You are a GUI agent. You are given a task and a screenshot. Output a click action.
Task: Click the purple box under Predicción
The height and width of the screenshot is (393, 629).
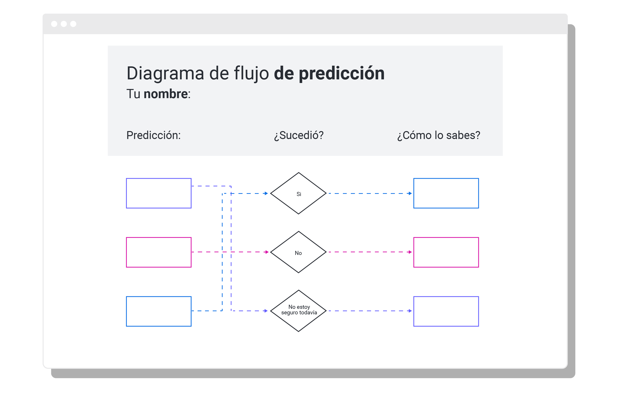pyautogui.click(x=159, y=193)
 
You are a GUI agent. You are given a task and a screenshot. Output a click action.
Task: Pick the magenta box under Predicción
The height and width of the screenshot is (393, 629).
pyautogui.click(x=159, y=252)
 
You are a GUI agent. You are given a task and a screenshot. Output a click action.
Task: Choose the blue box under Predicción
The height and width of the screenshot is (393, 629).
pyautogui.click(x=159, y=311)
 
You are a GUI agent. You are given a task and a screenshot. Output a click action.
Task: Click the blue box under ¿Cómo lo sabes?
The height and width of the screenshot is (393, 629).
pyautogui.click(x=446, y=193)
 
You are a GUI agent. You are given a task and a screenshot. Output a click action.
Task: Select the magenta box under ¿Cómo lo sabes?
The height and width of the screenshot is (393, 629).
pyautogui.click(x=446, y=252)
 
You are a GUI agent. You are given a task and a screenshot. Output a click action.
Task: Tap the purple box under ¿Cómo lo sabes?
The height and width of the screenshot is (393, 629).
pyautogui.click(x=446, y=311)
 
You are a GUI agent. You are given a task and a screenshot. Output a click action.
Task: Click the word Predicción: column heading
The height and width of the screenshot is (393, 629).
pyautogui.click(x=154, y=135)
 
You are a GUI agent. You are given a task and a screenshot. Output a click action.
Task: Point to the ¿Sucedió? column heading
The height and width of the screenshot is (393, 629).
pyautogui.click(x=299, y=135)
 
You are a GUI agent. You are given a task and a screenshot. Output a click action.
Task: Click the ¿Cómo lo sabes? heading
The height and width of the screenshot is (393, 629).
pyautogui.click(x=438, y=135)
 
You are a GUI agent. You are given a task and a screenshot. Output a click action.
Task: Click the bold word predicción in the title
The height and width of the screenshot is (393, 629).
pyautogui.click(x=341, y=74)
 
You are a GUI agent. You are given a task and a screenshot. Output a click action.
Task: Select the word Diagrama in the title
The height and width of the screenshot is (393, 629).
pyautogui.click(x=165, y=74)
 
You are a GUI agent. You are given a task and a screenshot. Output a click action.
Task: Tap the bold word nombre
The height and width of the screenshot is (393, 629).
pyautogui.click(x=166, y=94)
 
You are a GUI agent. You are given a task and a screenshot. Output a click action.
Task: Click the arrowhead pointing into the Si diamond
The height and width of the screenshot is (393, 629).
pyautogui.click(x=266, y=193)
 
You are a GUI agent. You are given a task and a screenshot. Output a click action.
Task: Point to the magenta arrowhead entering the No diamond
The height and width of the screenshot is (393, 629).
pyautogui.click(x=267, y=252)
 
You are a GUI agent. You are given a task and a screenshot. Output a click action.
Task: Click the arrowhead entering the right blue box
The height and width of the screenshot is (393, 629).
pyautogui.click(x=410, y=193)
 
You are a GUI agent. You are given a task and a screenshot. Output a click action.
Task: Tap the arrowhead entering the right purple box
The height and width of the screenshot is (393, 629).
pyautogui.click(x=410, y=311)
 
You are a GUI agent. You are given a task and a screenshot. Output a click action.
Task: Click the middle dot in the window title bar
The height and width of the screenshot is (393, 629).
pyautogui.click(x=64, y=24)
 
